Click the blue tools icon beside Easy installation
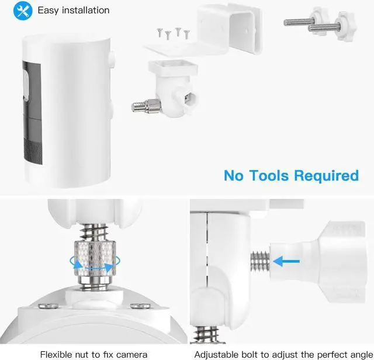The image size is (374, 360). tap(23, 11)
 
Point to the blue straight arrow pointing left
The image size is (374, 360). tap(286, 262)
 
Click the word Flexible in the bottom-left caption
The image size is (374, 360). tap(57, 354)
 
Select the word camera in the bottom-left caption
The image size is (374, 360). tap(133, 354)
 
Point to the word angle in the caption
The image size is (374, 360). tap(357, 354)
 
